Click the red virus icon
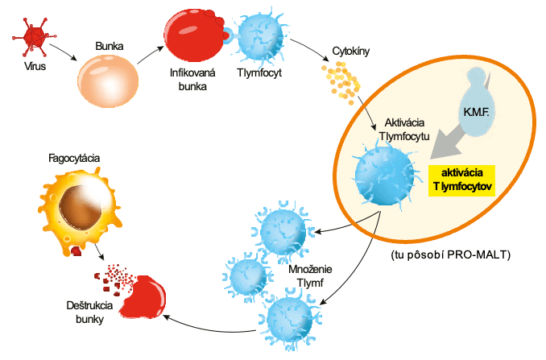click(x=34, y=34)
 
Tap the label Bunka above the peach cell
click(x=110, y=47)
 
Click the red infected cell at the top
click(x=192, y=31)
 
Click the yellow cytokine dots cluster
click(x=344, y=79)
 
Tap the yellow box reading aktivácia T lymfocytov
click(x=462, y=180)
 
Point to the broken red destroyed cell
click(x=142, y=296)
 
